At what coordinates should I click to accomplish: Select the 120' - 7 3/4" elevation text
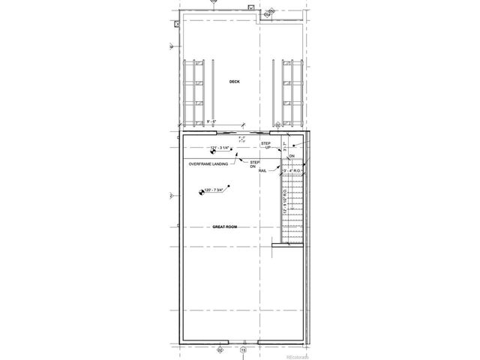(217, 192)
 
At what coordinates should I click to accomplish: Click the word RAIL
(263, 171)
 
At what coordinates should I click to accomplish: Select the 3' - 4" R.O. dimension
(291, 172)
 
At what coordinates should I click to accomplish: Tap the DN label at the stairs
(292, 156)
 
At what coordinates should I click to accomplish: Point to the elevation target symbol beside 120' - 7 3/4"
(201, 193)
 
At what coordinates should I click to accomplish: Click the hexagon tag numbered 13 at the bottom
(242, 349)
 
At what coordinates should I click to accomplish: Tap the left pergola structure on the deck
(198, 91)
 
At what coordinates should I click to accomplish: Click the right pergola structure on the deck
(291, 91)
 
